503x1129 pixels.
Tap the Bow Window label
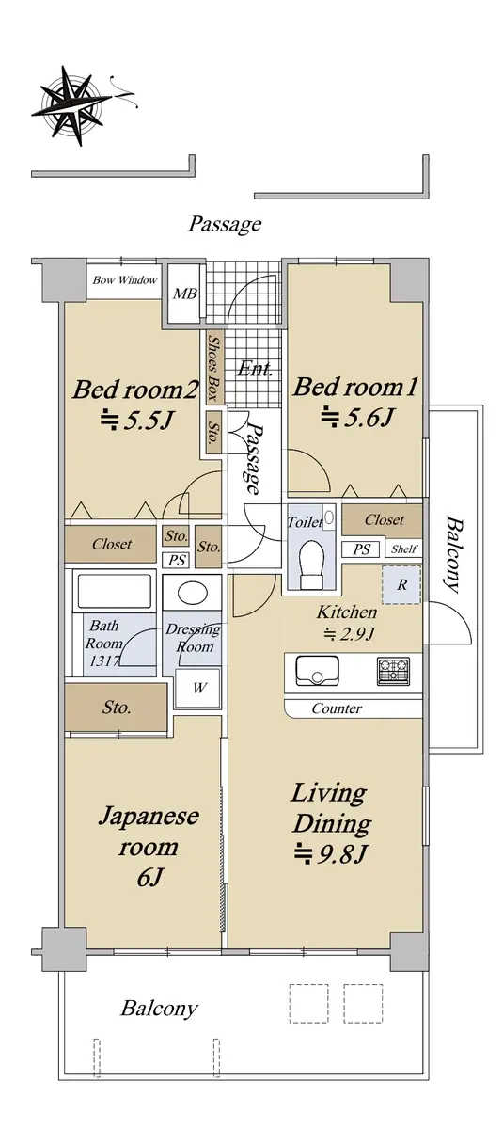point(125,280)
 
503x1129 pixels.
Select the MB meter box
point(184,294)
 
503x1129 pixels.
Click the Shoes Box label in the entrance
point(213,369)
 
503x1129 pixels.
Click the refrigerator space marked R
point(401,584)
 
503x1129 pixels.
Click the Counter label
point(337,708)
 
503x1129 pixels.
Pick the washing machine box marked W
point(197,688)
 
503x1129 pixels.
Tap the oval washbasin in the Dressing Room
point(194,594)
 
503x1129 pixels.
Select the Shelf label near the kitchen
point(403,549)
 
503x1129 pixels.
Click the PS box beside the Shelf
point(362,549)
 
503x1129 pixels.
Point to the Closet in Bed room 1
point(382,519)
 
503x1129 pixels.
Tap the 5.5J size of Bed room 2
point(137,420)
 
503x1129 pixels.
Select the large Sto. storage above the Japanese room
point(116,708)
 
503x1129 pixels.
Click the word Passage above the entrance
point(225,223)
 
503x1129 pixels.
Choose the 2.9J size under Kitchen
point(349,633)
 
